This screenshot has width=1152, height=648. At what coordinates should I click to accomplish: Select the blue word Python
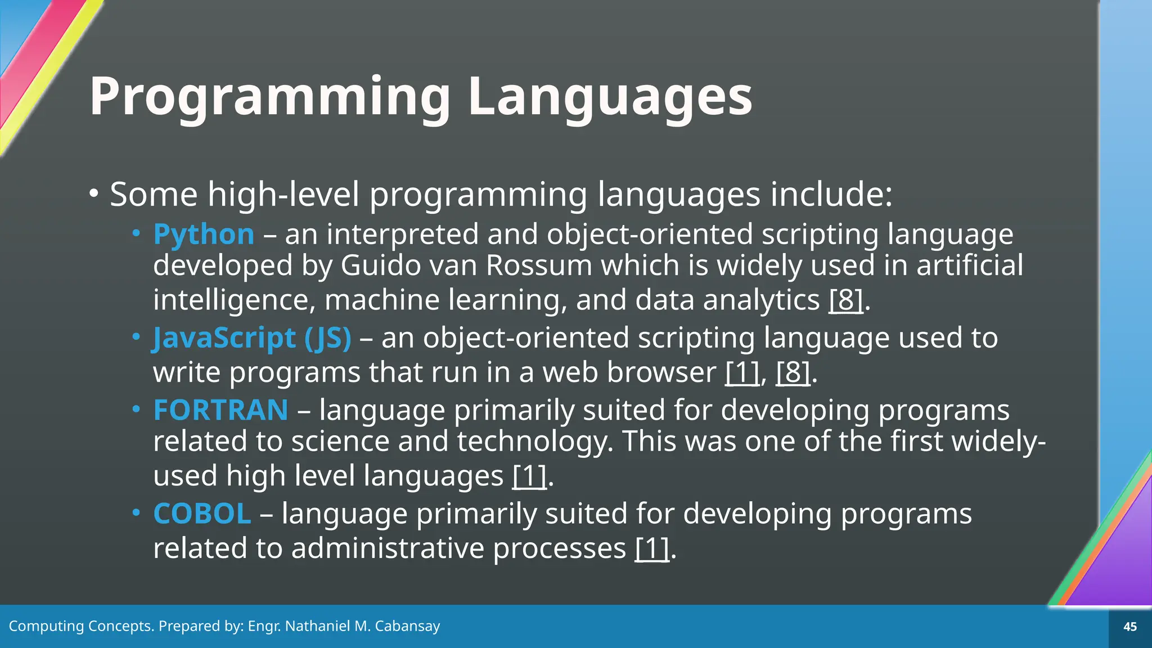click(204, 234)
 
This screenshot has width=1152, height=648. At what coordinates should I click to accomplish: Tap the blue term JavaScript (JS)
click(252, 338)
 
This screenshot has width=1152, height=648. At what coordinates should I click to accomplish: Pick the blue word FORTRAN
click(220, 410)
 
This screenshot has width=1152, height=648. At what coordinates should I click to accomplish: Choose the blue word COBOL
click(202, 514)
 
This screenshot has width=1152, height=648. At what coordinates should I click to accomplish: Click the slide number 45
click(1129, 627)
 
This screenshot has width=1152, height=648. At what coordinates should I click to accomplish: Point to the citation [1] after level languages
click(529, 476)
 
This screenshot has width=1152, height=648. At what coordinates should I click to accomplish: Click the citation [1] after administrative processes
click(652, 548)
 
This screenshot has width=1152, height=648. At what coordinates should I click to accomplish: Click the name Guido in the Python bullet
click(381, 265)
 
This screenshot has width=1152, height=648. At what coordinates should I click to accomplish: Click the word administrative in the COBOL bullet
click(388, 548)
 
